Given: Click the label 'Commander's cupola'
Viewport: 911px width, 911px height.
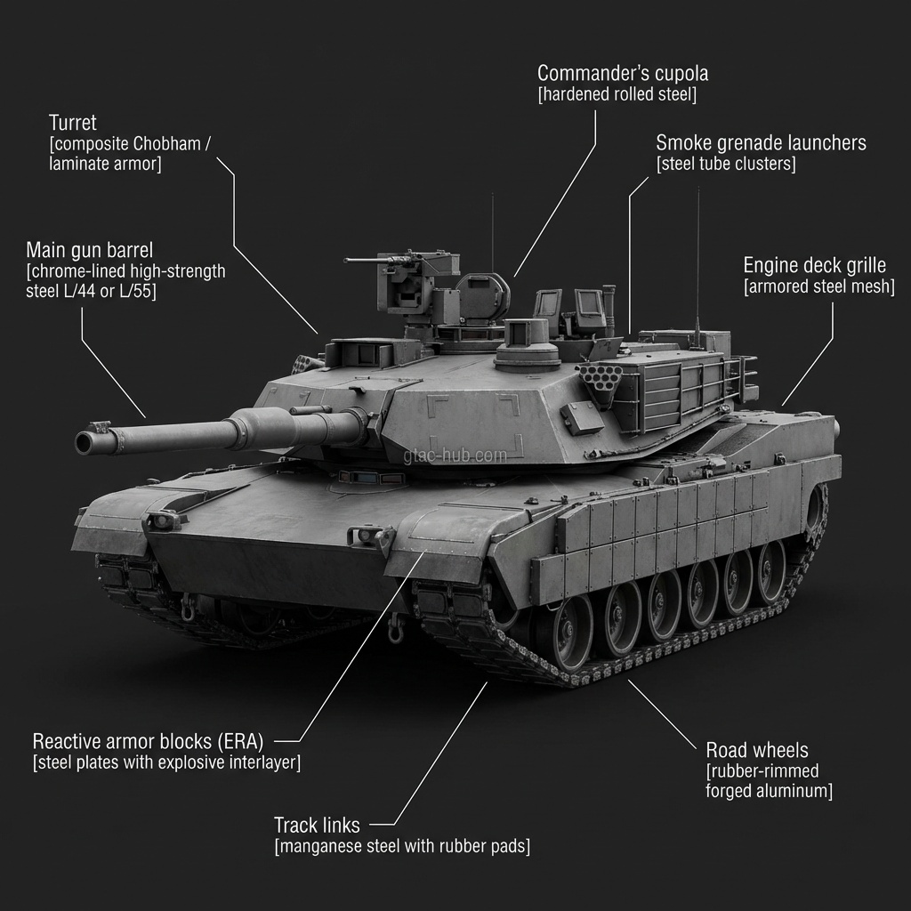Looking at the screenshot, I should tap(623, 74).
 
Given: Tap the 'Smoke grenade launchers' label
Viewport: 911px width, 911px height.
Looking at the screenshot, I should tap(761, 143).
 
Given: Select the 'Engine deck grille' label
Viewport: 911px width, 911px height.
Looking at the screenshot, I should tap(814, 265).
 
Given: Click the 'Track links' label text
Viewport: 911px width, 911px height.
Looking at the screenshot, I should tap(317, 825).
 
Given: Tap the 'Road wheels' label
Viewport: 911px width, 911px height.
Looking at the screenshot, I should tap(757, 750).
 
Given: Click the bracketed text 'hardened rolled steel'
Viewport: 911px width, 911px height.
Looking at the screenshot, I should tap(617, 95).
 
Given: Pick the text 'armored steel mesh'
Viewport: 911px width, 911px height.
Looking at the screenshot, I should tap(818, 286).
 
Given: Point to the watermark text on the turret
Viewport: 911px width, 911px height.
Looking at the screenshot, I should tap(454, 455).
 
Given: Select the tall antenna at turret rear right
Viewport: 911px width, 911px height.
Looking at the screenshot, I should tap(697, 267).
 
